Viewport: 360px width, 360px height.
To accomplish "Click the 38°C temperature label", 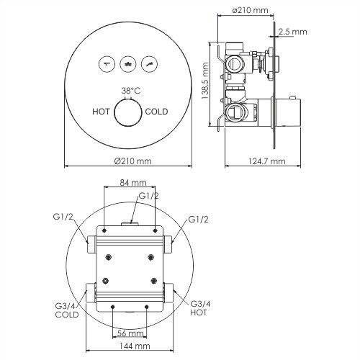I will tap(130, 91).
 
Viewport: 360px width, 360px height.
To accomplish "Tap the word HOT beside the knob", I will tap(102, 112).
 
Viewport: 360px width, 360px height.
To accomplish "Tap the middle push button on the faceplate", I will tap(130, 63).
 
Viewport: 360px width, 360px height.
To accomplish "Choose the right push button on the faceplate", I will tap(149, 63).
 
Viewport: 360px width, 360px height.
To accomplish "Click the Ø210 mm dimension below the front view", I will tap(130, 163).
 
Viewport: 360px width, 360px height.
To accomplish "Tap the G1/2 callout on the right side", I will tap(199, 219).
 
